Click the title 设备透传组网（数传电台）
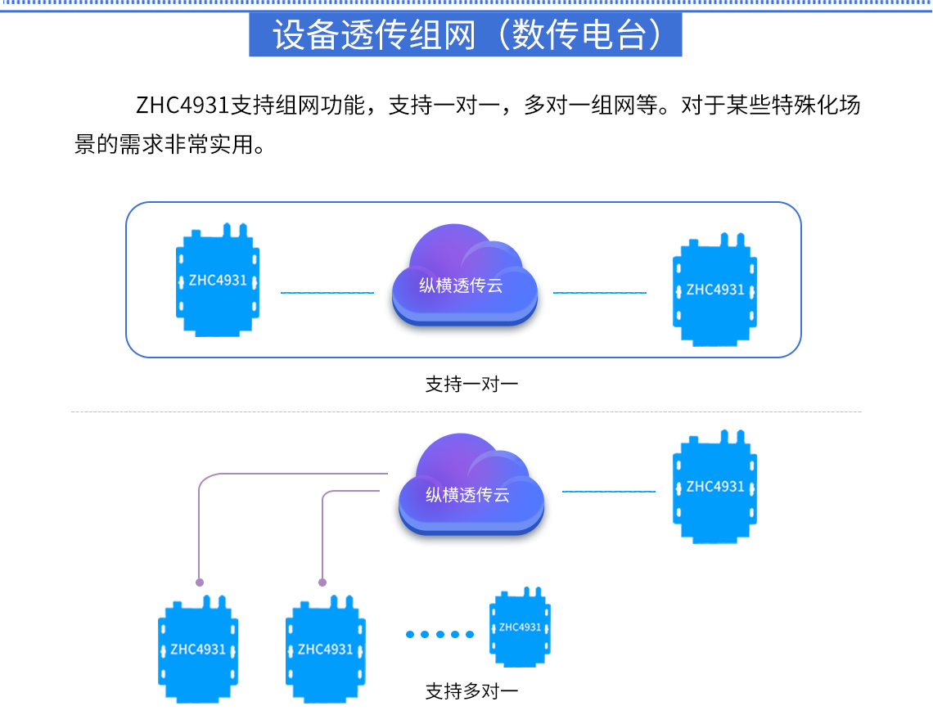coord(465,34)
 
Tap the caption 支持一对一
coord(471,384)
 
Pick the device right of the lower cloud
coord(714,487)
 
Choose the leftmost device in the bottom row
coord(197,649)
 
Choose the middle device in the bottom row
coord(325,649)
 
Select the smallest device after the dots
coord(520,627)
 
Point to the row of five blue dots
coord(439,634)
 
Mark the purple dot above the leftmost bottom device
coord(199,582)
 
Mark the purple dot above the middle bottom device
coord(322,582)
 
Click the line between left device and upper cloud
coord(327,292)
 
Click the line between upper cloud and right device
coord(600,292)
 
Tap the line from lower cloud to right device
coord(609,491)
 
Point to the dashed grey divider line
coord(466,411)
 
